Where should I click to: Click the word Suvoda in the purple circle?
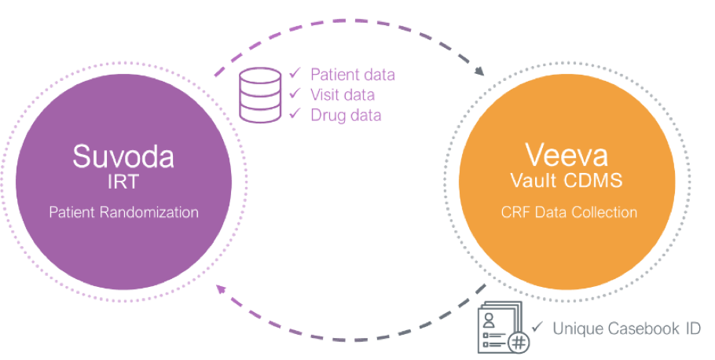(x=123, y=155)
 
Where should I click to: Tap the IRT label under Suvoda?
(x=123, y=184)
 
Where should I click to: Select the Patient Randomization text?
(x=123, y=212)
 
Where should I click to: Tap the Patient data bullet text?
(x=352, y=75)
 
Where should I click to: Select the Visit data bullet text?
(x=342, y=95)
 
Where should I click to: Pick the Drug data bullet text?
(x=346, y=116)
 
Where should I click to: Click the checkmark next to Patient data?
(x=295, y=74)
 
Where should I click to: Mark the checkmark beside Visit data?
(x=295, y=94)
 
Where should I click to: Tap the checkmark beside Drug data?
(x=295, y=115)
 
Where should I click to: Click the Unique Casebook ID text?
(x=626, y=328)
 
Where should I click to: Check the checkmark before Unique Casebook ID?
(x=537, y=327)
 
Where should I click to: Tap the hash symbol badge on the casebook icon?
(x=518, y=343)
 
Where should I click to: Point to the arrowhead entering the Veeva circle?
(x=478, y=73)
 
